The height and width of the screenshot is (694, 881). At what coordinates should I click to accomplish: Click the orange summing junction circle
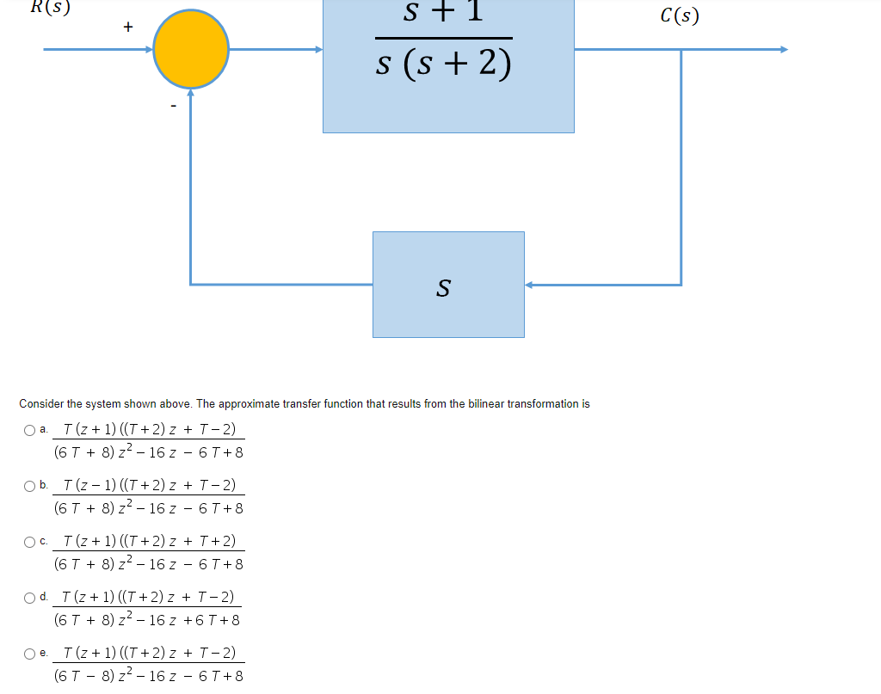click(x=191, y=49)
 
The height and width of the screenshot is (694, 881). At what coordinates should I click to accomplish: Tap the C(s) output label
click(x=680, y=15)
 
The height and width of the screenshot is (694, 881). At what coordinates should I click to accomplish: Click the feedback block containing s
click(x=447, y=285)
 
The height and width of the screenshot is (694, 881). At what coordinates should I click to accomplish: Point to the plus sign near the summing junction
click(x=127, y=28)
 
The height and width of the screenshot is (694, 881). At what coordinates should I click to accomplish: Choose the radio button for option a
click(x=31, y=430)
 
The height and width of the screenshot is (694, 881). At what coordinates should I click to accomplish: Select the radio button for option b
click(x=31, y=486)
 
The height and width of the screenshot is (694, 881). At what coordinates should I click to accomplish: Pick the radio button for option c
click(x=31, y=542)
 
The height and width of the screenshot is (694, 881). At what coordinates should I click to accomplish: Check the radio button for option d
click(x=31, y=598)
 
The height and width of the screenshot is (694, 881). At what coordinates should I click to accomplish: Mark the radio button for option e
click(x=31, y=654)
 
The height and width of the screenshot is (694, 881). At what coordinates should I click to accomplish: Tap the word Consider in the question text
click(x=41, y=404)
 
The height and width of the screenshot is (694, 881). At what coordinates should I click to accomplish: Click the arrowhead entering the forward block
click(x=317, y=49)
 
